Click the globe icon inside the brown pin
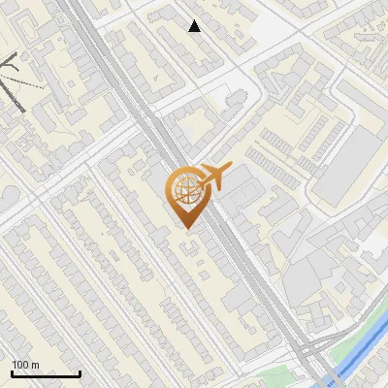pyautogui.click(x=184, y=190)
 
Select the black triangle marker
pyautogui.click(x=195, y=26)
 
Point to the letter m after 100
pyautogui.click(x=35, y=365)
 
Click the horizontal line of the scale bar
pyautogui.click(x=45, y=373)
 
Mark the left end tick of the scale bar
pyautogui.click(x=11, y=372)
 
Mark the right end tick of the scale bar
pyautogui.click(x=80, y=372)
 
